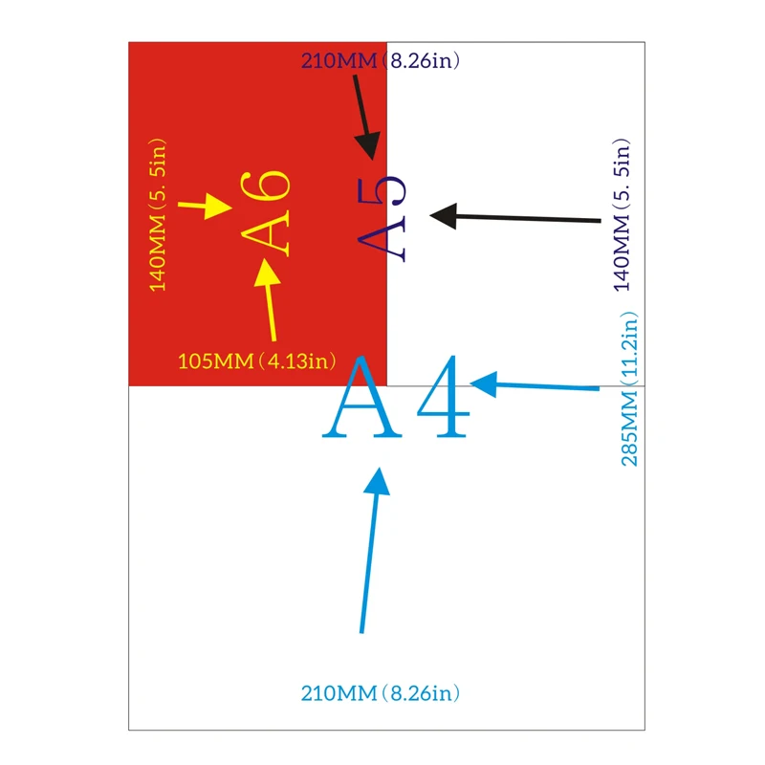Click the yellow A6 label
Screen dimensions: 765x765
(266, 213)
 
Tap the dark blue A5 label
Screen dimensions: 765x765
(382, 219)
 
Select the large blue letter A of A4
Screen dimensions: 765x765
(361, 397)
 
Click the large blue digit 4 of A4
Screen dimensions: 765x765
(443, 396)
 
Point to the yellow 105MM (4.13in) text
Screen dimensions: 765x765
(257, 361)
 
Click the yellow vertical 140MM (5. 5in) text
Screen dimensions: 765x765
(158, 215)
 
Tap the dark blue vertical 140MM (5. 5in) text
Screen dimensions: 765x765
(622, 214)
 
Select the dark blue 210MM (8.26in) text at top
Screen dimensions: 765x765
(381, 61)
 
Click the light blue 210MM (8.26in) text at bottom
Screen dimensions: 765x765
(381, 693)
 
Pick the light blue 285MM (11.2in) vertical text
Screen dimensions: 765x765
(629, 389)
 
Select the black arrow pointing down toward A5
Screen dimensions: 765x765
(365, 117)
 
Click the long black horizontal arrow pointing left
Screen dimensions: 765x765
(515, 218)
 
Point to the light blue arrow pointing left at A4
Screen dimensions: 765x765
(535, 385)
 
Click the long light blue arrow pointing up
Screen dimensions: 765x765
(371, 551)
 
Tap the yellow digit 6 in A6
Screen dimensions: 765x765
(266, 186)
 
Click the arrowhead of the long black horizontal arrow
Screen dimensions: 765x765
(443, 216)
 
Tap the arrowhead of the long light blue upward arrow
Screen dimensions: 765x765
(378, 482)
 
